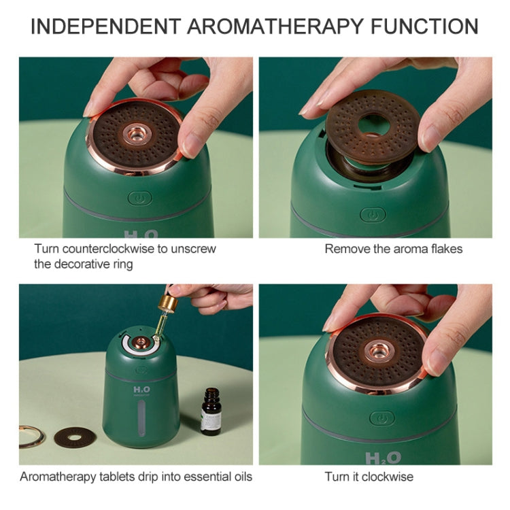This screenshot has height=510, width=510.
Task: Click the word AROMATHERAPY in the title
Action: tap(275, 27)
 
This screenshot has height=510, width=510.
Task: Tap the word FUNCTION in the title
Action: tap(424, 27)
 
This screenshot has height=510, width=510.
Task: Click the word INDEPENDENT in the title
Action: tap(105, 27)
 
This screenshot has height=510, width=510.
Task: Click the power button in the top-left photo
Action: tap(140, 198)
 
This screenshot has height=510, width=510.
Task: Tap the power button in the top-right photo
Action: tap(373, 215)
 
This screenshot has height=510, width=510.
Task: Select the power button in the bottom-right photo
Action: tap(382, 418)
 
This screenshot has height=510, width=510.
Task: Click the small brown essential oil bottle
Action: tap(210, 411)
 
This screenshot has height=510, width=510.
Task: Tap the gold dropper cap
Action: tap(168, 302)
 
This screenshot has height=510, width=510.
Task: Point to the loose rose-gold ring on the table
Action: tap(32, 437)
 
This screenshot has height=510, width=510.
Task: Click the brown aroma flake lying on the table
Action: tap(75, 437)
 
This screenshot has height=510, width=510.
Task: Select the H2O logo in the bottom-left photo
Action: tap(142, 390)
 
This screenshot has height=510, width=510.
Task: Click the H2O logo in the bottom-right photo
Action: tap(383, 458)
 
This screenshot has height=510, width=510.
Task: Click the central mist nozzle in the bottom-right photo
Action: tap(379, 352)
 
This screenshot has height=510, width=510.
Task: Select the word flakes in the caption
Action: tap(447, 249)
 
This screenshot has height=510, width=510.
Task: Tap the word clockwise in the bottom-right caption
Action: tap(388, 477)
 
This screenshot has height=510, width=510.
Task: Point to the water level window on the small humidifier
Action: tap(142, 418)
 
